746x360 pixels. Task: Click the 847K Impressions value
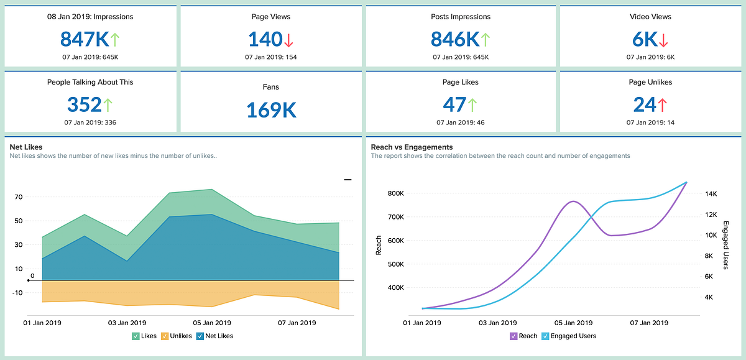(x=84, y=39)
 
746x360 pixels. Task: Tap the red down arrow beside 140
(x=288, y=40)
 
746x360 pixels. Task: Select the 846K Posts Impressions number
(x=454, y=39)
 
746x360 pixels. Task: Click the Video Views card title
(x=650, y=17)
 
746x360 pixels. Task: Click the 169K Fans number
(x=271, y=109)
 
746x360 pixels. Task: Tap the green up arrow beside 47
(x=472, y=104)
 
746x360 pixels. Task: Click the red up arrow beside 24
(x=661, y=104)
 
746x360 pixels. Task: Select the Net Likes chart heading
(x=26, y=147)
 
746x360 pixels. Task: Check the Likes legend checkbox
(x=136, y=336)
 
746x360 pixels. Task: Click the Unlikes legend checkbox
(x=165, y=336)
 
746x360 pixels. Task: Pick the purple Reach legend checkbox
(x=513, y=336)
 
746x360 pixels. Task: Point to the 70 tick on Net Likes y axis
(x=18, y=197)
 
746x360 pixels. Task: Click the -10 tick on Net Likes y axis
(x=17, y=292)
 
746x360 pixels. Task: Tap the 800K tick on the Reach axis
(x=396, y=193)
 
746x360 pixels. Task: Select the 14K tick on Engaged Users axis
(x=711, y=193)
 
